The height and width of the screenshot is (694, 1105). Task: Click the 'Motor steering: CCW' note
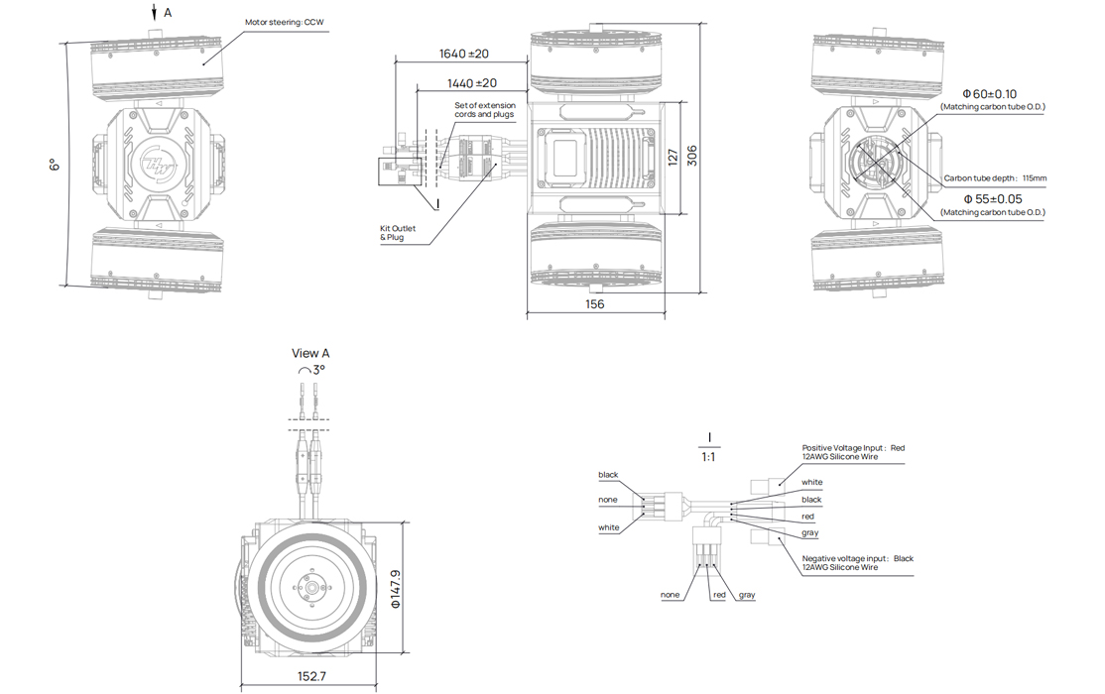tap(285, 22)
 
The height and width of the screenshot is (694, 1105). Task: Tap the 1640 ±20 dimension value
tap(466, 54)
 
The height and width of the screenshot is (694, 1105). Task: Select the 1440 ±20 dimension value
tap(472, 83)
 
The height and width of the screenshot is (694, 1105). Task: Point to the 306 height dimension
tap(692, 157)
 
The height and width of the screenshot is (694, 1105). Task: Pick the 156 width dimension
tap(593, 304)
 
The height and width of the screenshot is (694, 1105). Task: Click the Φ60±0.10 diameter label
tap(996, 94)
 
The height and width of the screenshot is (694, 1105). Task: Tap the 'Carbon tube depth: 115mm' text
tap(995, 178)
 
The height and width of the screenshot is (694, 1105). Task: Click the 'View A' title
tap(310, 353)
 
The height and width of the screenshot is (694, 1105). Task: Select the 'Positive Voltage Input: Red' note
tap(853, 448)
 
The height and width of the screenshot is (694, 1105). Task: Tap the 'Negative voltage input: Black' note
tap(857, 558)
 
